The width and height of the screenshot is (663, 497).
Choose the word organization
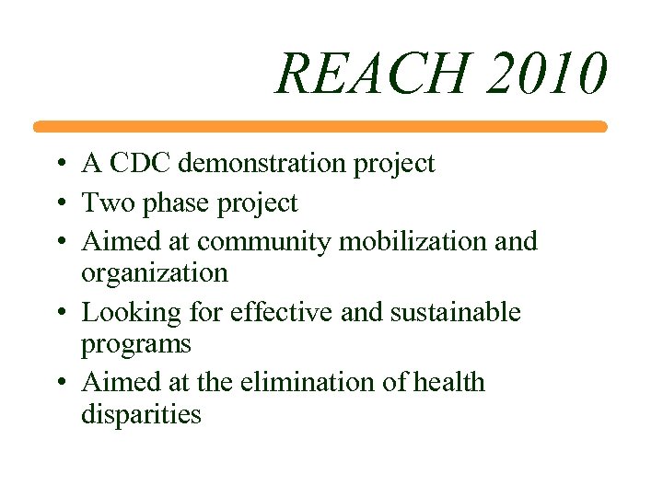(155, 273)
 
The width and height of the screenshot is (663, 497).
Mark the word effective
(282, 312)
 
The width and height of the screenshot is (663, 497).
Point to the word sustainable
(455, 312)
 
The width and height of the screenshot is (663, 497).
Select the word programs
(136, 345)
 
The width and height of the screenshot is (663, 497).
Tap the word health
(448, 382)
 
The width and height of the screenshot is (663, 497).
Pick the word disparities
(141, 414)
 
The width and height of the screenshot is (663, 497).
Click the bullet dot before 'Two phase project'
(58, 203)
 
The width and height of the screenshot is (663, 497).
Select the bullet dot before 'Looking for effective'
(58, 313)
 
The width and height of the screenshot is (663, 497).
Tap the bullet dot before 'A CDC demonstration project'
(58, 165)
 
